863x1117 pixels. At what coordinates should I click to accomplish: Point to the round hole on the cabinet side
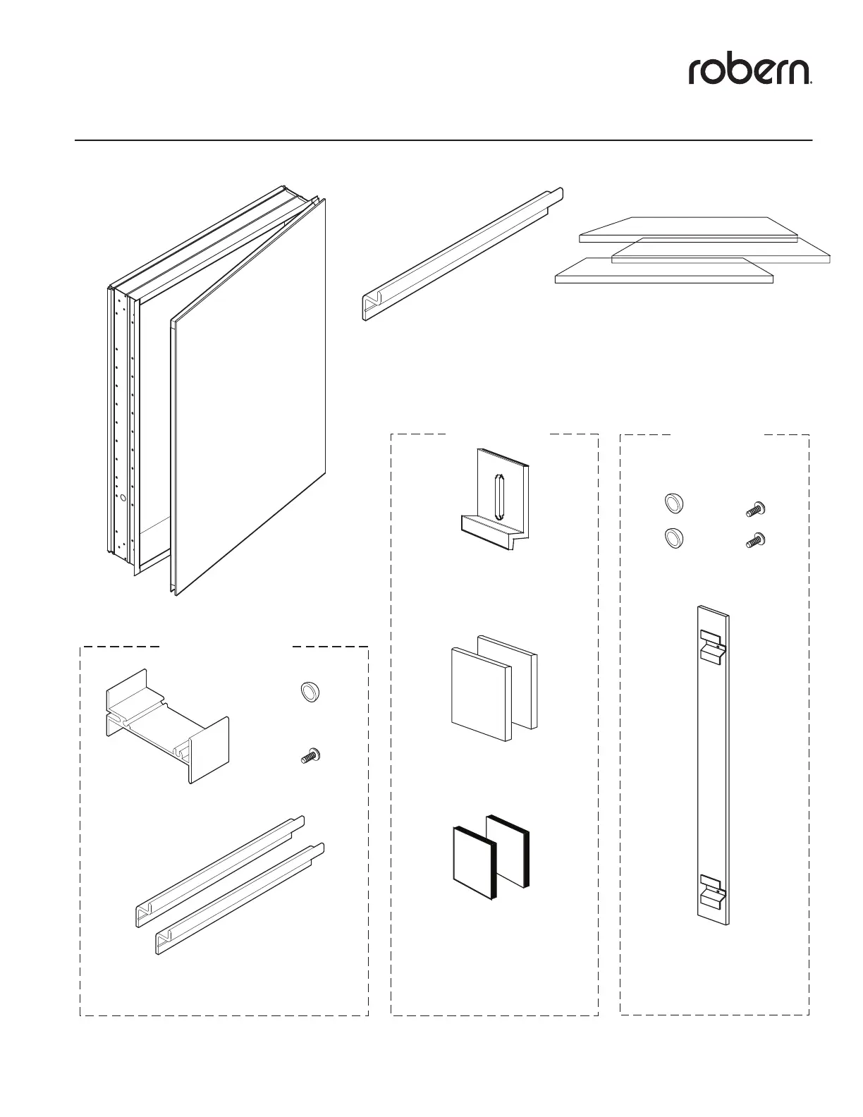click(123, 498)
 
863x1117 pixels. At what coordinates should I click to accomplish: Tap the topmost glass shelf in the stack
click(687, 229)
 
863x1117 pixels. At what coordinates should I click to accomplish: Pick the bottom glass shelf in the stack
click(663, 271)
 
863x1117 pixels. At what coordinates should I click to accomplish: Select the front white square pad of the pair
click(479, 695)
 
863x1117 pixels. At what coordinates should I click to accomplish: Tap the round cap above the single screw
click(308, 692)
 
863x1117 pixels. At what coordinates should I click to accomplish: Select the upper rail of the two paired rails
click(219, 871)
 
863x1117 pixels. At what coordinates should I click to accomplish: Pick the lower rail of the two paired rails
click(240, 899)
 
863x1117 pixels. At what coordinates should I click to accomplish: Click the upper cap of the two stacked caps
click(674, 503)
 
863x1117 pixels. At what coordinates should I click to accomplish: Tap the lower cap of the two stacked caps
click(674, 539)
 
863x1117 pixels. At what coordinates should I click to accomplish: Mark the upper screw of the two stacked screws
click(755, 508)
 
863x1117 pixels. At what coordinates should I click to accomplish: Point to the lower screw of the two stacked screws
click(755, 542)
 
